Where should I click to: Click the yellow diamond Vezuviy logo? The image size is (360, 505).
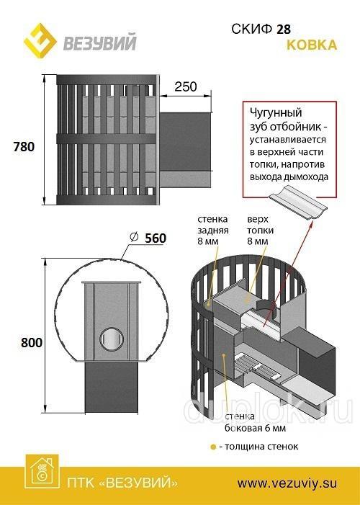tap(40, 41)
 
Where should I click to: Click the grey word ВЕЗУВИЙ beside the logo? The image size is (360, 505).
tap(100, 43)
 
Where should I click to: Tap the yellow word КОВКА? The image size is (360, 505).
tap(312, 45)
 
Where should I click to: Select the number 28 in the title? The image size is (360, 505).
tap(284, 30)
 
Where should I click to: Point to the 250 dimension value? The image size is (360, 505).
tap(186, 86)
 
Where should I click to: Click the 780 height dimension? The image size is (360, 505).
tap(24, 146)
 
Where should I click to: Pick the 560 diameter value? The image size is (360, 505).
tap(156, 238)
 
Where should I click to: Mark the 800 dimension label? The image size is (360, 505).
tap(32, 342)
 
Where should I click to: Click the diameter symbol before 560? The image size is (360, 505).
tap(134, 237)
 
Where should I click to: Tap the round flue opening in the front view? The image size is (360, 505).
tap(112, 339)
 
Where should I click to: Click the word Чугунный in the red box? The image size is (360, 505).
tap(276, 112)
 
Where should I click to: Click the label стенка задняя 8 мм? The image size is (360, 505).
tap(213, 230)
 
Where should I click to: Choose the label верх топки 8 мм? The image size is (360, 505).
tap(260, 230)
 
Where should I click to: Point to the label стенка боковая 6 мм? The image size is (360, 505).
tap(255, 422)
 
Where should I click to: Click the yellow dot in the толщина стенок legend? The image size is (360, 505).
tap(213, 447)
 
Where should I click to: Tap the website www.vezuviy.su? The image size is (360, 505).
tap(287, 483)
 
